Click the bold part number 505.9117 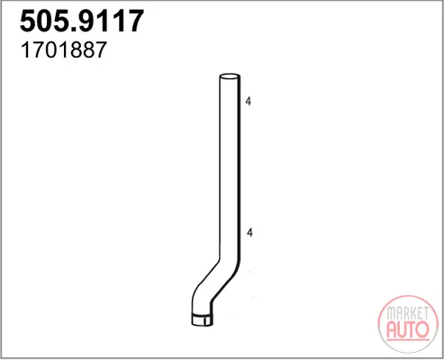coord(82,21)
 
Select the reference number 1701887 coord(63,49)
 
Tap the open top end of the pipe coord(230,76)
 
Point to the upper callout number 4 coord(249,102)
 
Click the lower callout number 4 coord(249,232)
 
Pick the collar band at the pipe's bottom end coord(202,319)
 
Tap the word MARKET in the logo coord(407,313)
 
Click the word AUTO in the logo coord(408,329)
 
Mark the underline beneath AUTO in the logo coord(408,339)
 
